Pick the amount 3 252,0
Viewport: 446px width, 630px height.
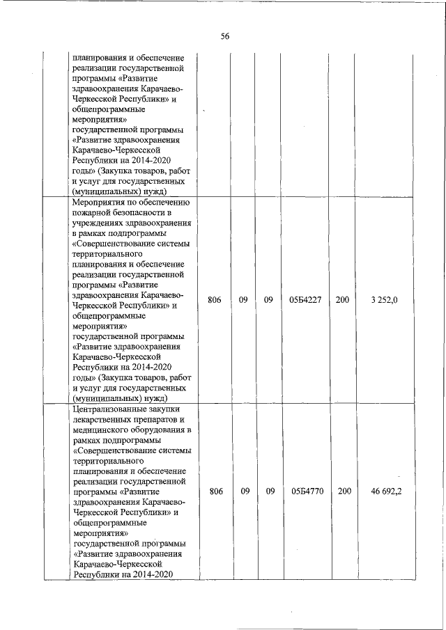[x=385, y=299]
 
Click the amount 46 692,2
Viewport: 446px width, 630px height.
[x=385, y=491]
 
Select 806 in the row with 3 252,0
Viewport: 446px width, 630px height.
[x=215, y=299]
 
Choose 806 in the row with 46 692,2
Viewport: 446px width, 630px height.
[x=215, y=491]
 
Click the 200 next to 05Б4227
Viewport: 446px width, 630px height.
[x=342, y=299]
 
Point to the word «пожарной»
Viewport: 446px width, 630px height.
[x=91, y=213]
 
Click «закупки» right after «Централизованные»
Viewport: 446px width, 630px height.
[x=168, y=410]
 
